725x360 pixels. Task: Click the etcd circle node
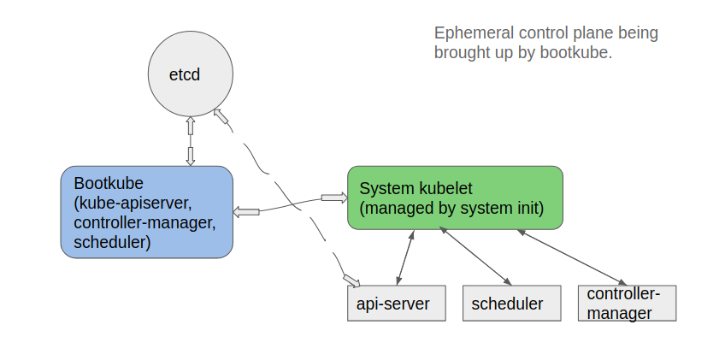[191, 74]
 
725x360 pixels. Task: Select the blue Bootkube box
[147, 212]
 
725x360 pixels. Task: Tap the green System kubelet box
[455, 198]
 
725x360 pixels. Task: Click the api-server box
[397, 303]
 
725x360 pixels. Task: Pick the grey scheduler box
[512, 303]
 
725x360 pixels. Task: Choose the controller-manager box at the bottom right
[627, 303]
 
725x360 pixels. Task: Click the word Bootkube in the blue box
[109, 183]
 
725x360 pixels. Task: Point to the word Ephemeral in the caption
[474, 33]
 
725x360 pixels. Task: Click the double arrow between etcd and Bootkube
[190, 141]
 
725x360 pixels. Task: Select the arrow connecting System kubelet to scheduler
[475, 256]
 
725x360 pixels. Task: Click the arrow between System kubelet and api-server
[405, 257]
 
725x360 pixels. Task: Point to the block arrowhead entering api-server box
[351, 280]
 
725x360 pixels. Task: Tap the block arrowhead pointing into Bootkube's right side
[246, 212]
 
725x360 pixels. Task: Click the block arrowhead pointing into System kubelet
[334, 198]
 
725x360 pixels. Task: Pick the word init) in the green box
[530, 209]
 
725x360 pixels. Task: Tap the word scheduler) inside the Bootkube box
[112, 243]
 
